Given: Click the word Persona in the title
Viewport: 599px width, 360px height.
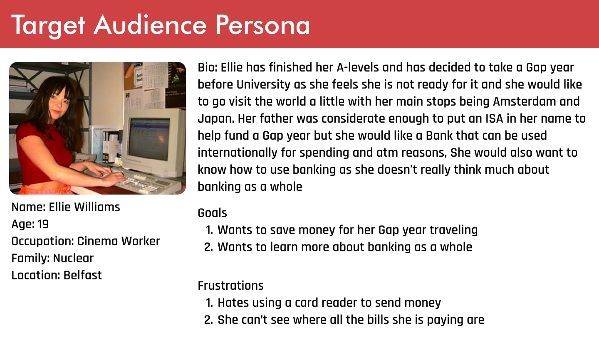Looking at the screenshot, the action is pyautogui.click(x=262, y=25).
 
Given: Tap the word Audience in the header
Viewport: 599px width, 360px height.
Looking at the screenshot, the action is pyautogui.click(x=150, y=25).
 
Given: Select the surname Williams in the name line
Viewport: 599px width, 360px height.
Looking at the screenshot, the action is pyautogui.click(x=97, y=207).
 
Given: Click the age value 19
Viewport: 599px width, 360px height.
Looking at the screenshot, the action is pyautogui.click(x=43, y=224).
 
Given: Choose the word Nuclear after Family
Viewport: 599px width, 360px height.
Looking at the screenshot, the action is pyautogui.click(x=73, y=258).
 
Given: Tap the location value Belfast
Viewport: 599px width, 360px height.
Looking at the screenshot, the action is pyautogui.click(x=83, y=275).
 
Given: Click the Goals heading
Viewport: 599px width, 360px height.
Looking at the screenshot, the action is pyautogui.click(x=212, y=213).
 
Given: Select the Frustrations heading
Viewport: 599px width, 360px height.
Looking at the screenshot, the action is pyautogui.click(x=230, y=286).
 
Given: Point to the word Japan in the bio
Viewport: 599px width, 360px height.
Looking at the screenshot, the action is pyautogui.click(x=216, y=118).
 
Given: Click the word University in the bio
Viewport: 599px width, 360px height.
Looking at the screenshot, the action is pyautogui.click(x=263, y=84).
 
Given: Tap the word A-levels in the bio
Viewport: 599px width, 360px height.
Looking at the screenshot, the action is pyautogui.click(x=358, y=67).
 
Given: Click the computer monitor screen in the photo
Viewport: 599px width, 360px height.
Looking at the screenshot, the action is pyautogui.click(x=149, y=138).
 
